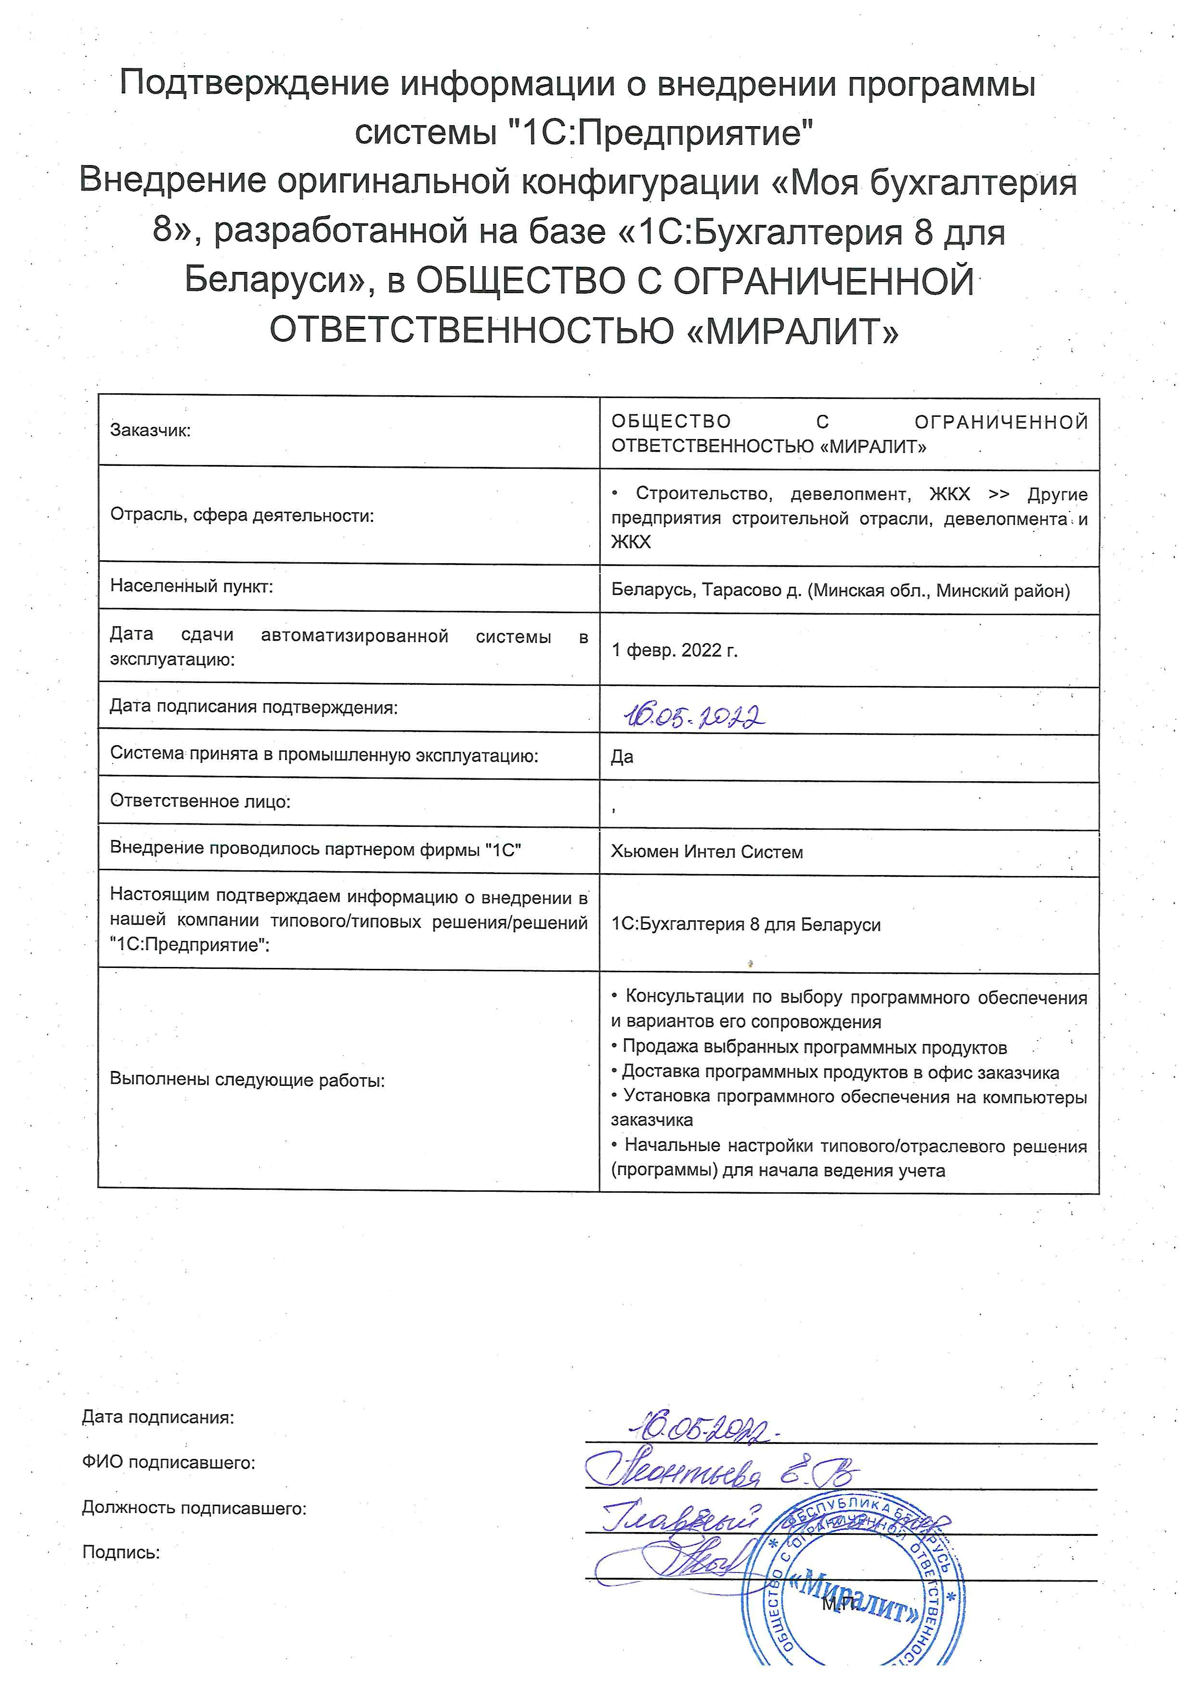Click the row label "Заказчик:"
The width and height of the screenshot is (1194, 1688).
coord(150,431)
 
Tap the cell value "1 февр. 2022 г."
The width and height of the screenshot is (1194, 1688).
coord(674,650)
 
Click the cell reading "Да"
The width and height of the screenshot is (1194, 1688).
coord(622,757)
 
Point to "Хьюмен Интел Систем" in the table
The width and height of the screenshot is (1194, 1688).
coord(707,852)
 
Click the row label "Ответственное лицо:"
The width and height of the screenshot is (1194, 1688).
coord(200,801)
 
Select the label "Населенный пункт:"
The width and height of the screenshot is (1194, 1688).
coord(191,586)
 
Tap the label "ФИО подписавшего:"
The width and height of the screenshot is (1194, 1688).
coord(169,1462)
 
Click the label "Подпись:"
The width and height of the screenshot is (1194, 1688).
coord(120,1552)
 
